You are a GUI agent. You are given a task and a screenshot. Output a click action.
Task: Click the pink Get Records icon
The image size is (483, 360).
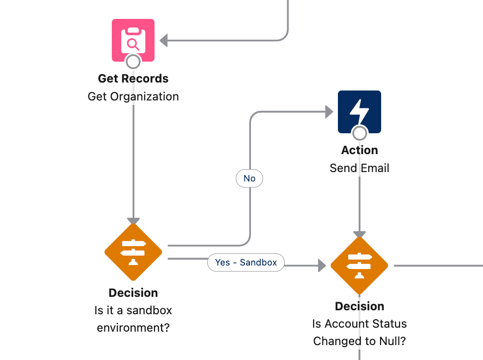pyautogui.click(x=133, y=40)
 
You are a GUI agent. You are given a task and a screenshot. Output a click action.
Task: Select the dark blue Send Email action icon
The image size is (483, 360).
pyautogui.click(x=359, y=111)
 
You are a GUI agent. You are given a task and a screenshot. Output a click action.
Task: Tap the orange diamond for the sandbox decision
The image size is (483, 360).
pyautogui.click(x=133, y=252)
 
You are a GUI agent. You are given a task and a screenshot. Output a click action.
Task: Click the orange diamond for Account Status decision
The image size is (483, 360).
pyautogui.click(x=359, y=265)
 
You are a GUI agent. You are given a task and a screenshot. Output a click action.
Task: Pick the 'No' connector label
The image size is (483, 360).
pyautogui.click(x=249, y=179)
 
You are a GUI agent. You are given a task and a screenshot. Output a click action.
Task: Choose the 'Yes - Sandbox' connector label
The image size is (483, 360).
pyautogui.click(x=246, y=262)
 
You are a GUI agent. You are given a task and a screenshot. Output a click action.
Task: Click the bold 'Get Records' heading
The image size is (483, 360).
pyautogui.click(x=133, y=79)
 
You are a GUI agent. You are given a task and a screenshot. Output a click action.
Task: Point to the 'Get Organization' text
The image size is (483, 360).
pyautogui.click(x=133, y=96)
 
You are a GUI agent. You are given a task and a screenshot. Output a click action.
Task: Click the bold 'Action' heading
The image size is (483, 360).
pyautogui.click(x=359, y=150)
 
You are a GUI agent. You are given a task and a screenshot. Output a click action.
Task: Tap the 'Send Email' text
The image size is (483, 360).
pyautogui.click(x=359, y=168)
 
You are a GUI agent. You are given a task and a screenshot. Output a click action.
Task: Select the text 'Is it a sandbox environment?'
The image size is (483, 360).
pyautogui.click(x=133, y=319)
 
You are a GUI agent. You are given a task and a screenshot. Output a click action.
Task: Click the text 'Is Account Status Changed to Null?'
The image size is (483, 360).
pyautogui.click(x=359, y=332)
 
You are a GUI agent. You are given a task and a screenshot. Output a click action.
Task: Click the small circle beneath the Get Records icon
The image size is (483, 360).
pyautogui.click(x=133, y=62)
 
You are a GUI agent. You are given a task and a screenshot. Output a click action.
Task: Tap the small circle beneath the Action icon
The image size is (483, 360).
pyautogui.click(x=359, y=133)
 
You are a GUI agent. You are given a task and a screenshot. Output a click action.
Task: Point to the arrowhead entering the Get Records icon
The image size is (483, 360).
pyautogui.click(x=163, y=40)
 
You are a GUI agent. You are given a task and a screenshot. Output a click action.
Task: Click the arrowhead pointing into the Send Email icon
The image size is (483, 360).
pyautogui.click(x=329, y=112)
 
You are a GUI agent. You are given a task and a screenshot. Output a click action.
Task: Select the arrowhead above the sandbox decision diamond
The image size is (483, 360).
pyautogui.click(x=133, y=221)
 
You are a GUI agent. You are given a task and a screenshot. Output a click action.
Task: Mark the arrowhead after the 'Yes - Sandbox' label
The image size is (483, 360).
pyautogui.click(x=322, y=266)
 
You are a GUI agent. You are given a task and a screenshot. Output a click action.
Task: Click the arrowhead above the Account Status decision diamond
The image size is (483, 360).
pyautogui.click(x=359, y=234)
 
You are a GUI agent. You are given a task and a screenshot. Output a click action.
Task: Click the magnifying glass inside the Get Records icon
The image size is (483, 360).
pyautogui.click(x=133, y=44)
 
